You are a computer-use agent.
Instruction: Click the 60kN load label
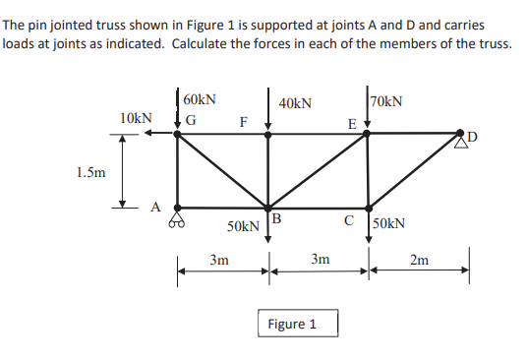click(x=201, y=100)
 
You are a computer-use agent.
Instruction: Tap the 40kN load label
click(x=296, y=102)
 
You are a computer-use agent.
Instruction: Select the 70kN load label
click(x=386, y=100)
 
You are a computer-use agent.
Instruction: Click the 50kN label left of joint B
click(x=243, y=226)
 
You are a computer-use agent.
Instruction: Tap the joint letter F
click(x=244, y=123)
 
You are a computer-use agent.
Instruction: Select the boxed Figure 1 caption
click(x=292, y=324)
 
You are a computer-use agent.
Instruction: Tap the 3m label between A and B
click(x=220, y=261)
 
